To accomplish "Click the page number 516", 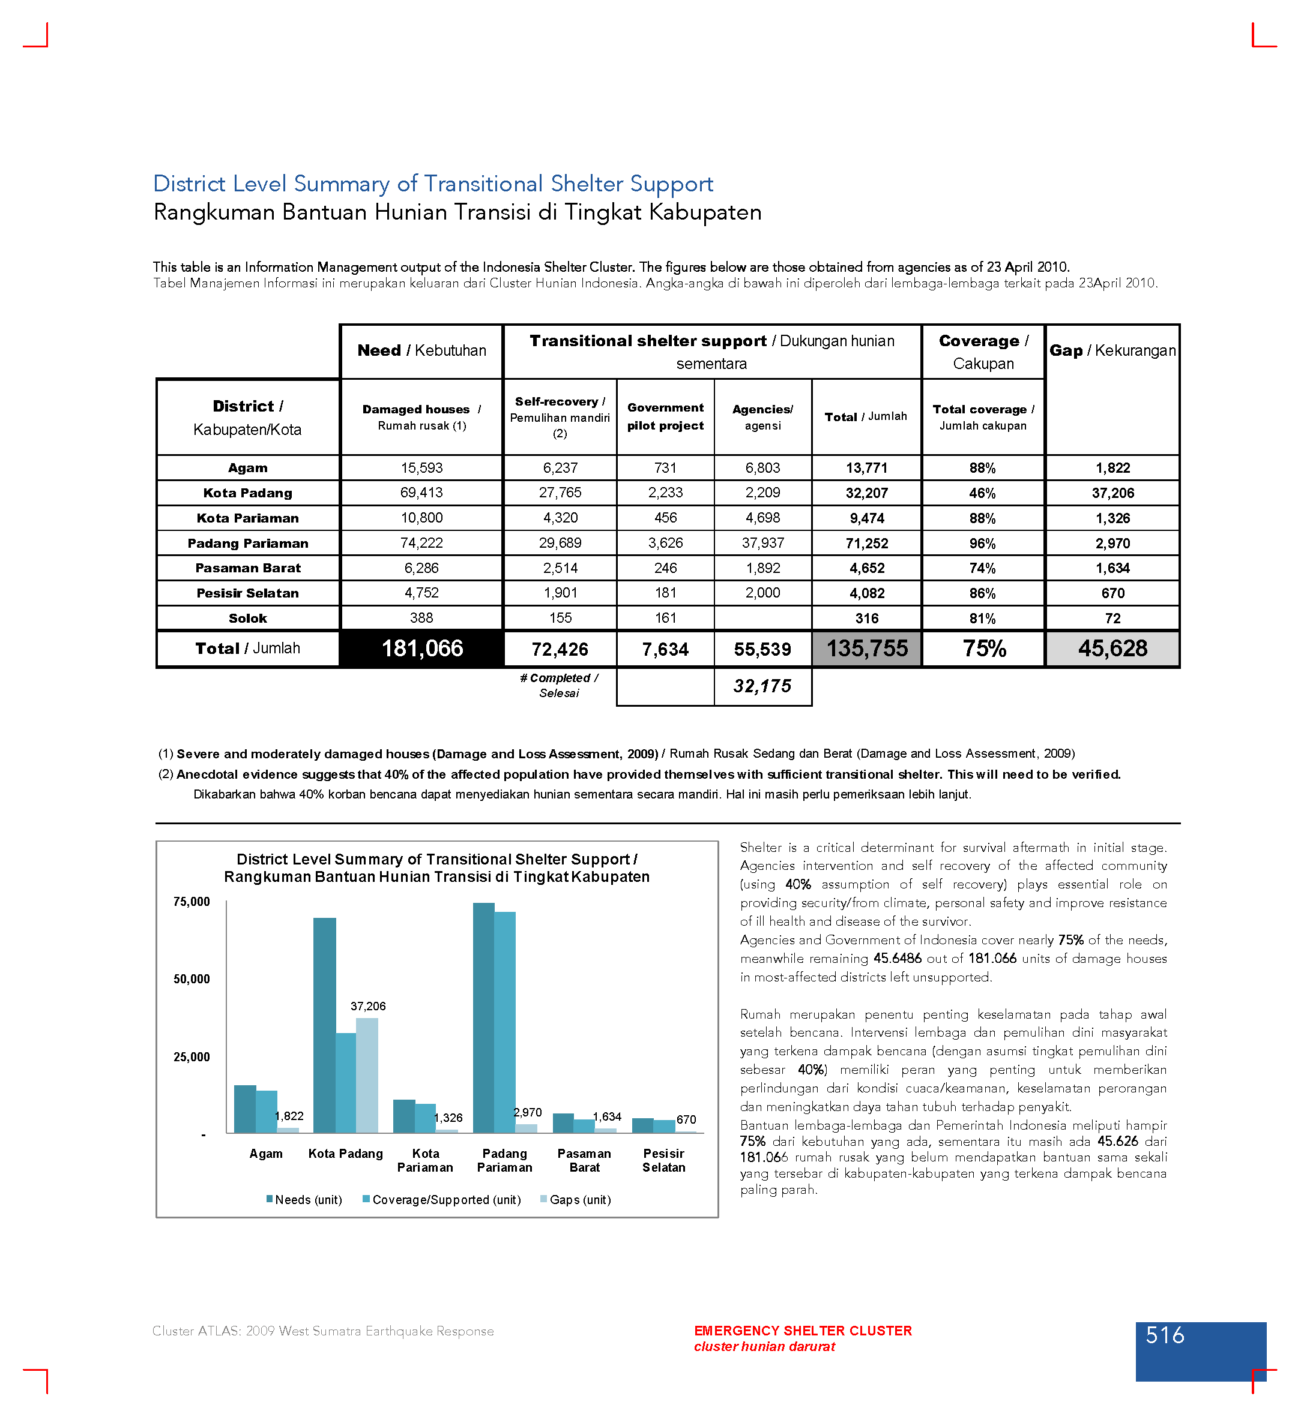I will coord(1165,1335).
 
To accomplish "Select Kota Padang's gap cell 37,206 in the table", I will coord(1112,493).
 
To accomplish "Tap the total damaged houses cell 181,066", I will coord(421,648).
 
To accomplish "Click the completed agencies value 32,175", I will coord(762,686).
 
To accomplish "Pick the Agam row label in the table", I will coord(248,468).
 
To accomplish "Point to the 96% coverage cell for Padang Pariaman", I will coord(982,543).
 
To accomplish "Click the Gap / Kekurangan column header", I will coord(1112,350).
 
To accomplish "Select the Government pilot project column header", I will coord(665,416).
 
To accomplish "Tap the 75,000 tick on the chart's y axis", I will coord(192,902).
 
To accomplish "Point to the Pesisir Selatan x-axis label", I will coord(663,1160).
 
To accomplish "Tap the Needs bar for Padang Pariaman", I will coord(484,1017).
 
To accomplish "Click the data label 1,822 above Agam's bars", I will coord(289,1116).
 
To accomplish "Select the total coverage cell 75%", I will coord(983,648).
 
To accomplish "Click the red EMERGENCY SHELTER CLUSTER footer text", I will coord(803,1331).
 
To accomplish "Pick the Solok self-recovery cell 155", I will coord(560,618).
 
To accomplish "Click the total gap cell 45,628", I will coord(1112,648).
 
